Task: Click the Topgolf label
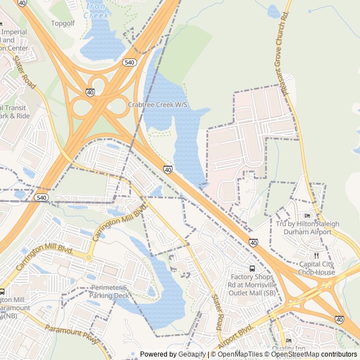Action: (x=62, y=24)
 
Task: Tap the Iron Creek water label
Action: (x=96, y=11)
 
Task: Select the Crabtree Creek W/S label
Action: (x=157, y=105)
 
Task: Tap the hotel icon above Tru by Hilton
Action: (x=307, y=215)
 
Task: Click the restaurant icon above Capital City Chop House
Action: (x=317, y=255)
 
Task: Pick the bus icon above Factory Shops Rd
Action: (x=253, y=268)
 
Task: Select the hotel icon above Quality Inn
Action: (x=289, y=340)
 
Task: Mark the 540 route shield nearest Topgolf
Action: (x=129, y=62)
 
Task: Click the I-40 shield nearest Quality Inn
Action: (x=339, y=319)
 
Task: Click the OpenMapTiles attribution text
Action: (x=240, y=354)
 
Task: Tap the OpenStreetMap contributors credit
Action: (x=316, y=354)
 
